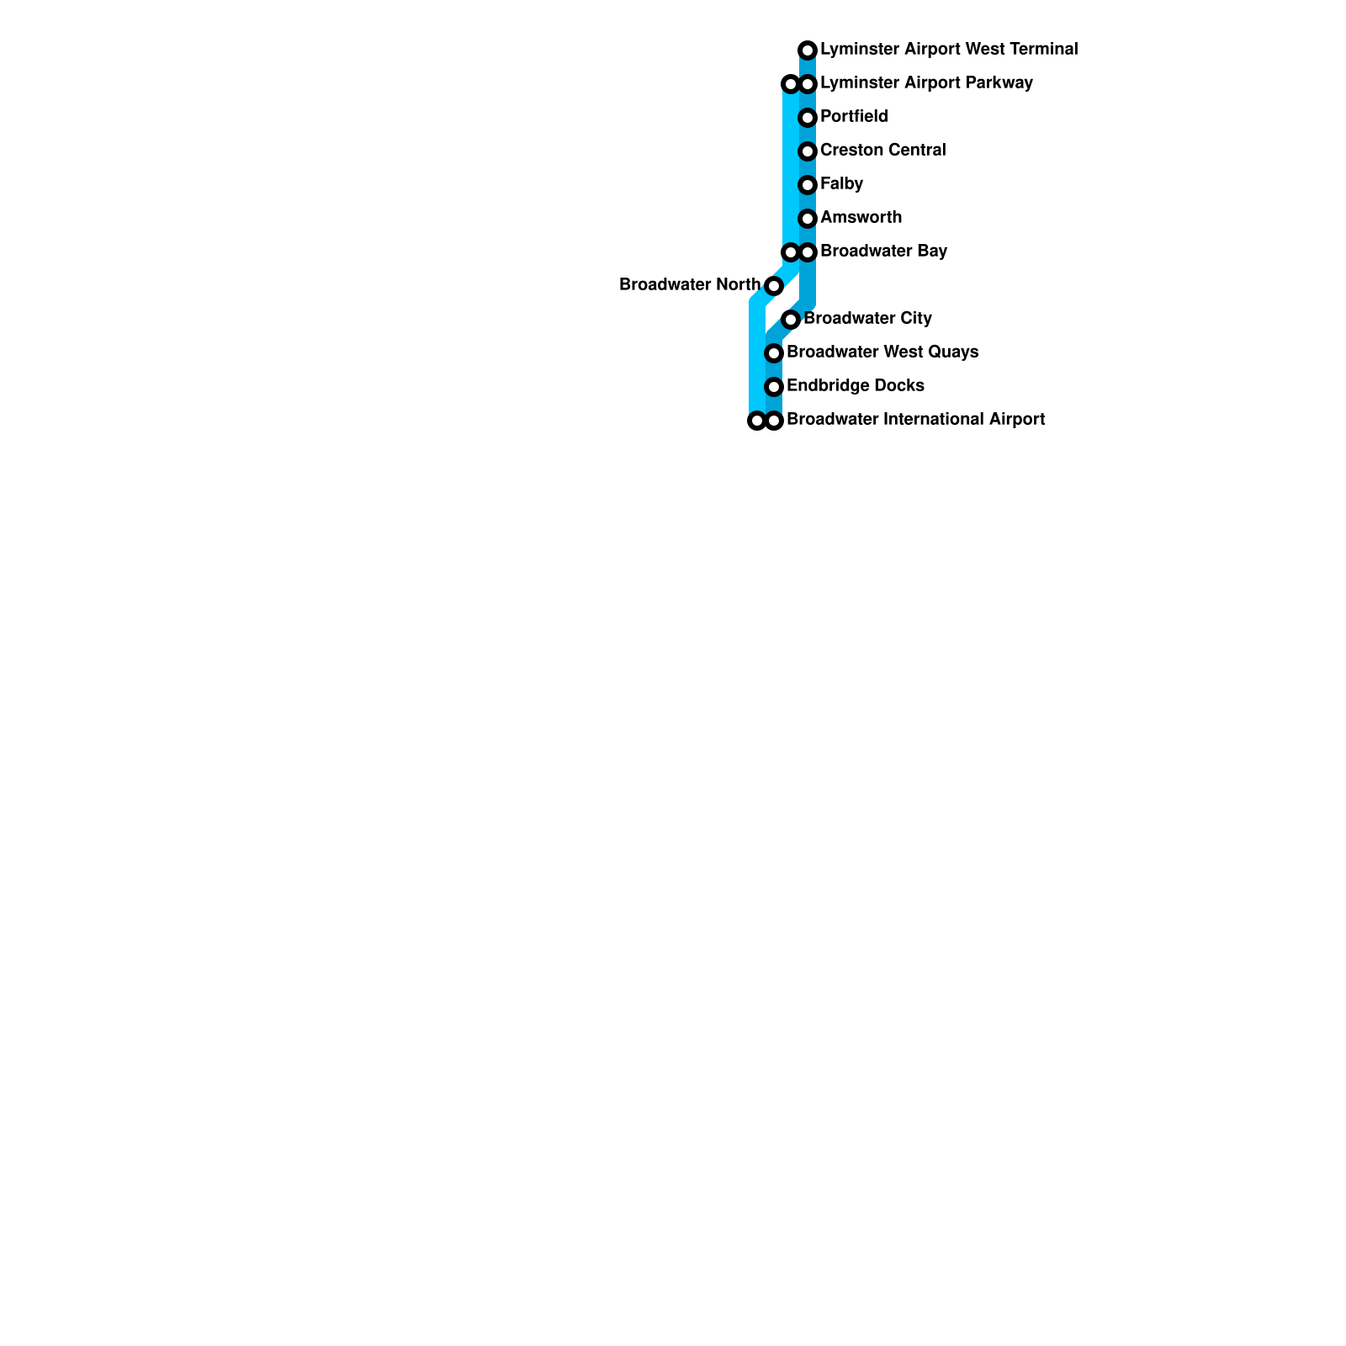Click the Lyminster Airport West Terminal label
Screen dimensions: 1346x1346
(948, 50)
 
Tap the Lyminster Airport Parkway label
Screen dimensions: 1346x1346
(926, 83)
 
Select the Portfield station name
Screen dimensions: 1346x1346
(854, 117)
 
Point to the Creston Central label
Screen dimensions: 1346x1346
(882, 151)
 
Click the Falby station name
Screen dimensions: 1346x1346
(841, 184)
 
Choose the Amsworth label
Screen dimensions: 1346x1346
(861, 218)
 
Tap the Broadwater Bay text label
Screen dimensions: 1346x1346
(883, 252)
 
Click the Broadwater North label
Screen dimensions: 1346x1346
(690, 285)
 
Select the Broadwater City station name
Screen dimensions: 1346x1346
(867, 319)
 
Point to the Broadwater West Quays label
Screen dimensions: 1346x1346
(882, 352)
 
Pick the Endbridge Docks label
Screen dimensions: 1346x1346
(855, 386)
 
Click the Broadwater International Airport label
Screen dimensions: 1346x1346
(915, 420)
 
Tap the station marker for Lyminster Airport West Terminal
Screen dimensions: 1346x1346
(808, 50)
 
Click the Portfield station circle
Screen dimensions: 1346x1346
(808, 118)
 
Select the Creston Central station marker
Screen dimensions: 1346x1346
(808, 151)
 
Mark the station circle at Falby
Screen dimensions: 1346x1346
(808, 185)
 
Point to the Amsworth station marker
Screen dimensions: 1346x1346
(808, 219)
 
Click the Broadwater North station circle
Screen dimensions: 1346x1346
(774, 286)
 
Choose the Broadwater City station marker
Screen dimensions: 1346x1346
(791, 320)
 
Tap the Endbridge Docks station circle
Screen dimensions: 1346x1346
(774, 387)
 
